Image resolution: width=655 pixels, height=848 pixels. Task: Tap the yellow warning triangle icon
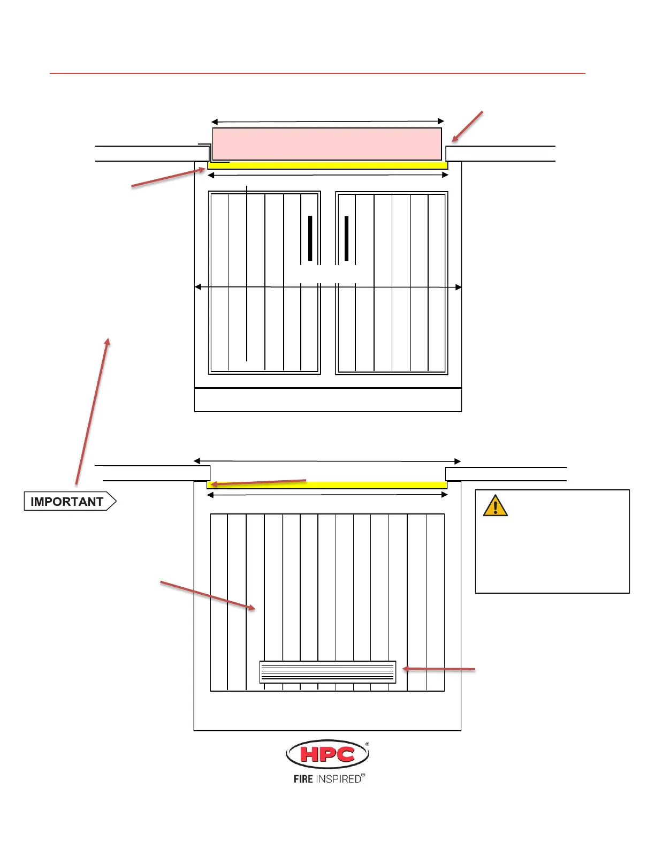click(495, 506)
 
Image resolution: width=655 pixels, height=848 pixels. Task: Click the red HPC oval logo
click(327, 754)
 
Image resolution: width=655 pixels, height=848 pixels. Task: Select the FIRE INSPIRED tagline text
click(327, 779)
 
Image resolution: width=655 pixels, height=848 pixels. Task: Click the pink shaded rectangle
click(327, 143)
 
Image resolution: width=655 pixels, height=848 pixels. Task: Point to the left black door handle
click(310, 238)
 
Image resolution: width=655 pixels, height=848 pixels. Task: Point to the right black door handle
click(347, 238)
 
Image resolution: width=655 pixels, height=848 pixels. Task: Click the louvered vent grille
click(327, 672)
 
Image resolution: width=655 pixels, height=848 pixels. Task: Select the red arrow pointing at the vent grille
click(439, 669)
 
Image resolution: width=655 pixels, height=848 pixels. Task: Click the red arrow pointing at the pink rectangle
click(467, 127)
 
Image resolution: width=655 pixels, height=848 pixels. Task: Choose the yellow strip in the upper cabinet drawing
click(327, 165)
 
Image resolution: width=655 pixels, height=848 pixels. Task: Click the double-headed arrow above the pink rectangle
click(327, 122)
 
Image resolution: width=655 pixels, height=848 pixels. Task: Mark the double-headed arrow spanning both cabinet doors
click(327, 287)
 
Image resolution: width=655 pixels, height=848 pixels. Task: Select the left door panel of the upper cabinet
click(264, 321)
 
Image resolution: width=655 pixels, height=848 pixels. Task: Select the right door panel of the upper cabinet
click(392, 321)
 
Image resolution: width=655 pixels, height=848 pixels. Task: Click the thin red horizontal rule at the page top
click(317, 73)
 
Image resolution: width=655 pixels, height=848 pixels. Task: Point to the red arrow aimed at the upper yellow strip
click(168, 178)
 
